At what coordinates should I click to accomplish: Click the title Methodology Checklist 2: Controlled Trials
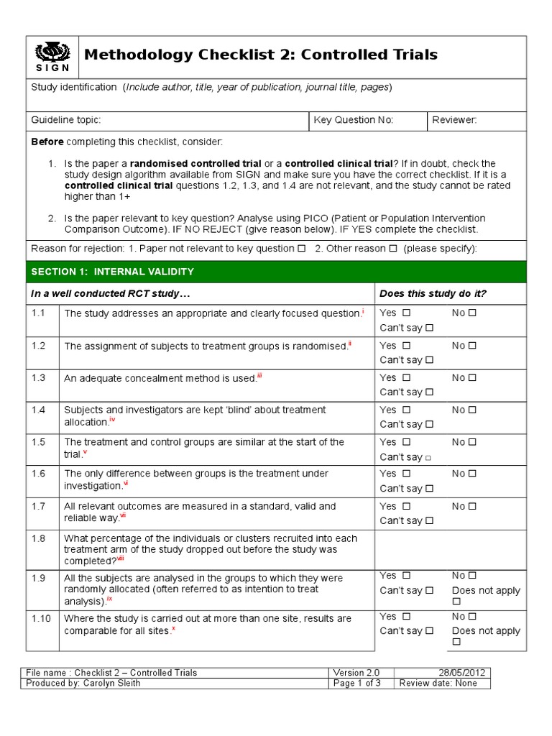[x=261, y=55]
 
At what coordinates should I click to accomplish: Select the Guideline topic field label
[x=66, y=120]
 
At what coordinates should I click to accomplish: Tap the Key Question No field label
[x=354, y=120]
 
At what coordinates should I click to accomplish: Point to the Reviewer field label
[x=454, y=120]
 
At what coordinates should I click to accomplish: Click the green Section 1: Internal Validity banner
[x=276, y=272]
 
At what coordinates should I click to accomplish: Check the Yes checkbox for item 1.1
[x=407, y=313]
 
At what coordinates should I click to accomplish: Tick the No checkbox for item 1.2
[x=473, y=345]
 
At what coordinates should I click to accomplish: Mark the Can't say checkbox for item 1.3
[x=430, y=392]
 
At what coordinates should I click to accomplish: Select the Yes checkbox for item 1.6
[x=407, y=474]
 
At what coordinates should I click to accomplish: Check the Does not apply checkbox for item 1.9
[x=456, y=602]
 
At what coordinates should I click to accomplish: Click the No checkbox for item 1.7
[x=473, y=506]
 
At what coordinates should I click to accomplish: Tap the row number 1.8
[x=38, y=538]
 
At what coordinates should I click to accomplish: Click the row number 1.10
[x=41, y=618]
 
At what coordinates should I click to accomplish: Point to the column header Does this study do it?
[x=433, y=293]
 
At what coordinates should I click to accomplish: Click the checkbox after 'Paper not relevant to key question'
[x=301, y=249]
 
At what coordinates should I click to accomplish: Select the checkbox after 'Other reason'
[x=392, y=249]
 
